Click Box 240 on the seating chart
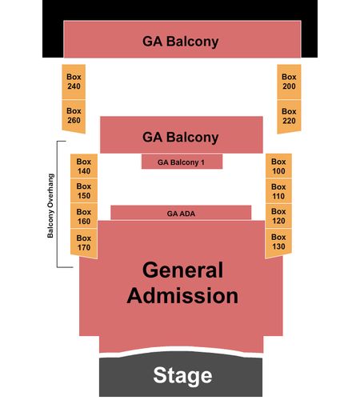tap(74, 82)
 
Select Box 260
tap(74, 116)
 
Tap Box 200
tap(289, 82)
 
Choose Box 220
tap(289, 116)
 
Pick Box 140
tap(84, 166)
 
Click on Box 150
tap(84, 190)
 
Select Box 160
tap(84, 216)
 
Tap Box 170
tap(84, 242)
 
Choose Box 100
tap(278, 166)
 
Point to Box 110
tap(278, 191)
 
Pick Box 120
tap(278, 216)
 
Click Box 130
tap(278, 242)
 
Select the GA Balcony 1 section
tap(182, 162)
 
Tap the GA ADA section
tap(181, 213)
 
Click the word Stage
tap(182, 376)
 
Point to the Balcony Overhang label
tap(50, 206)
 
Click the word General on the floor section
tap(182, 270)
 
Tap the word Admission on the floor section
tap(182, 296)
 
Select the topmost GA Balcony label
tap(181, 42)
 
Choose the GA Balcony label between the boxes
tap(181, 138)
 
